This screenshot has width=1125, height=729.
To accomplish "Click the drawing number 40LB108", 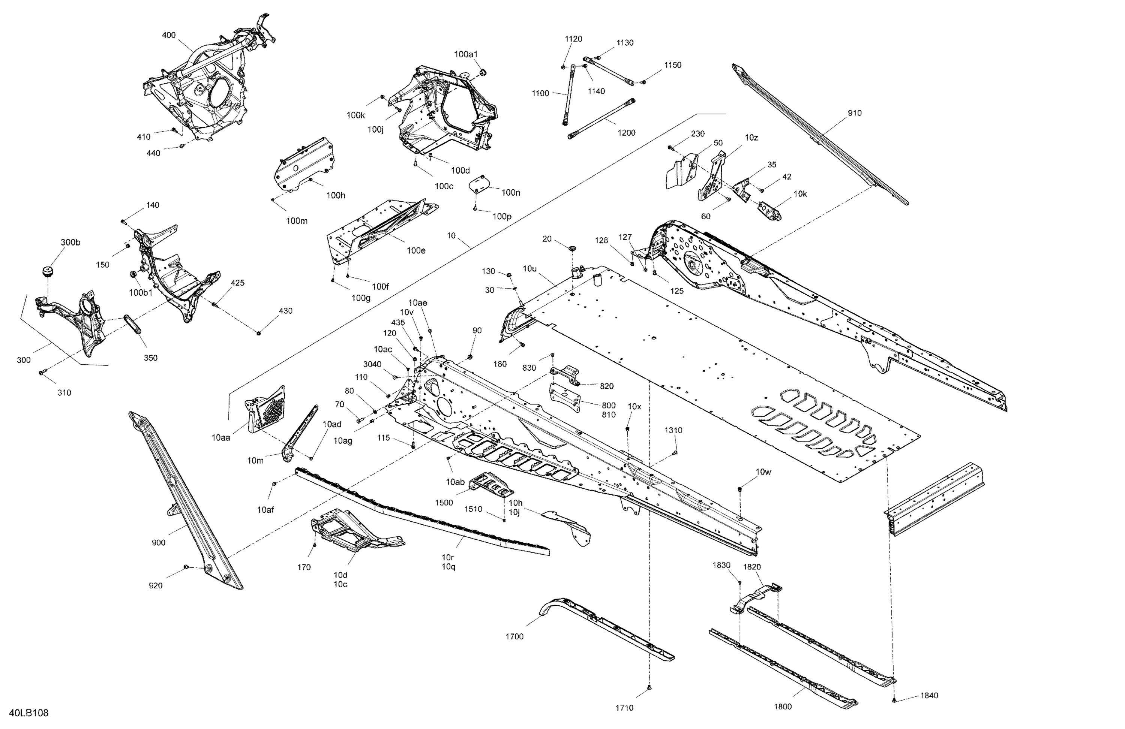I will (x=28, y=713).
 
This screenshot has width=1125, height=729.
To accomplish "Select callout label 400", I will (x=169, y=35).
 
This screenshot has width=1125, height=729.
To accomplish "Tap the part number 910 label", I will (x=854, y=113).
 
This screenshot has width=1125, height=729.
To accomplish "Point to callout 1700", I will (x=514, y=636).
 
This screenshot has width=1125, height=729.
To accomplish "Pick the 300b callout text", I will (x=70, y=243).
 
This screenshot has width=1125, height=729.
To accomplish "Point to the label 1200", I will (x=626, y=133).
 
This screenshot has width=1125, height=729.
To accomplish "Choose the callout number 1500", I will (x=444, y=503).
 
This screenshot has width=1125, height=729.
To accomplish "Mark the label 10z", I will (x=751, y=138).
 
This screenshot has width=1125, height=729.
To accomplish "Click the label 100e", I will (x=416, y=250).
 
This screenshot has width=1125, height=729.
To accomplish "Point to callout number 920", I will (x=156, y=585).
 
